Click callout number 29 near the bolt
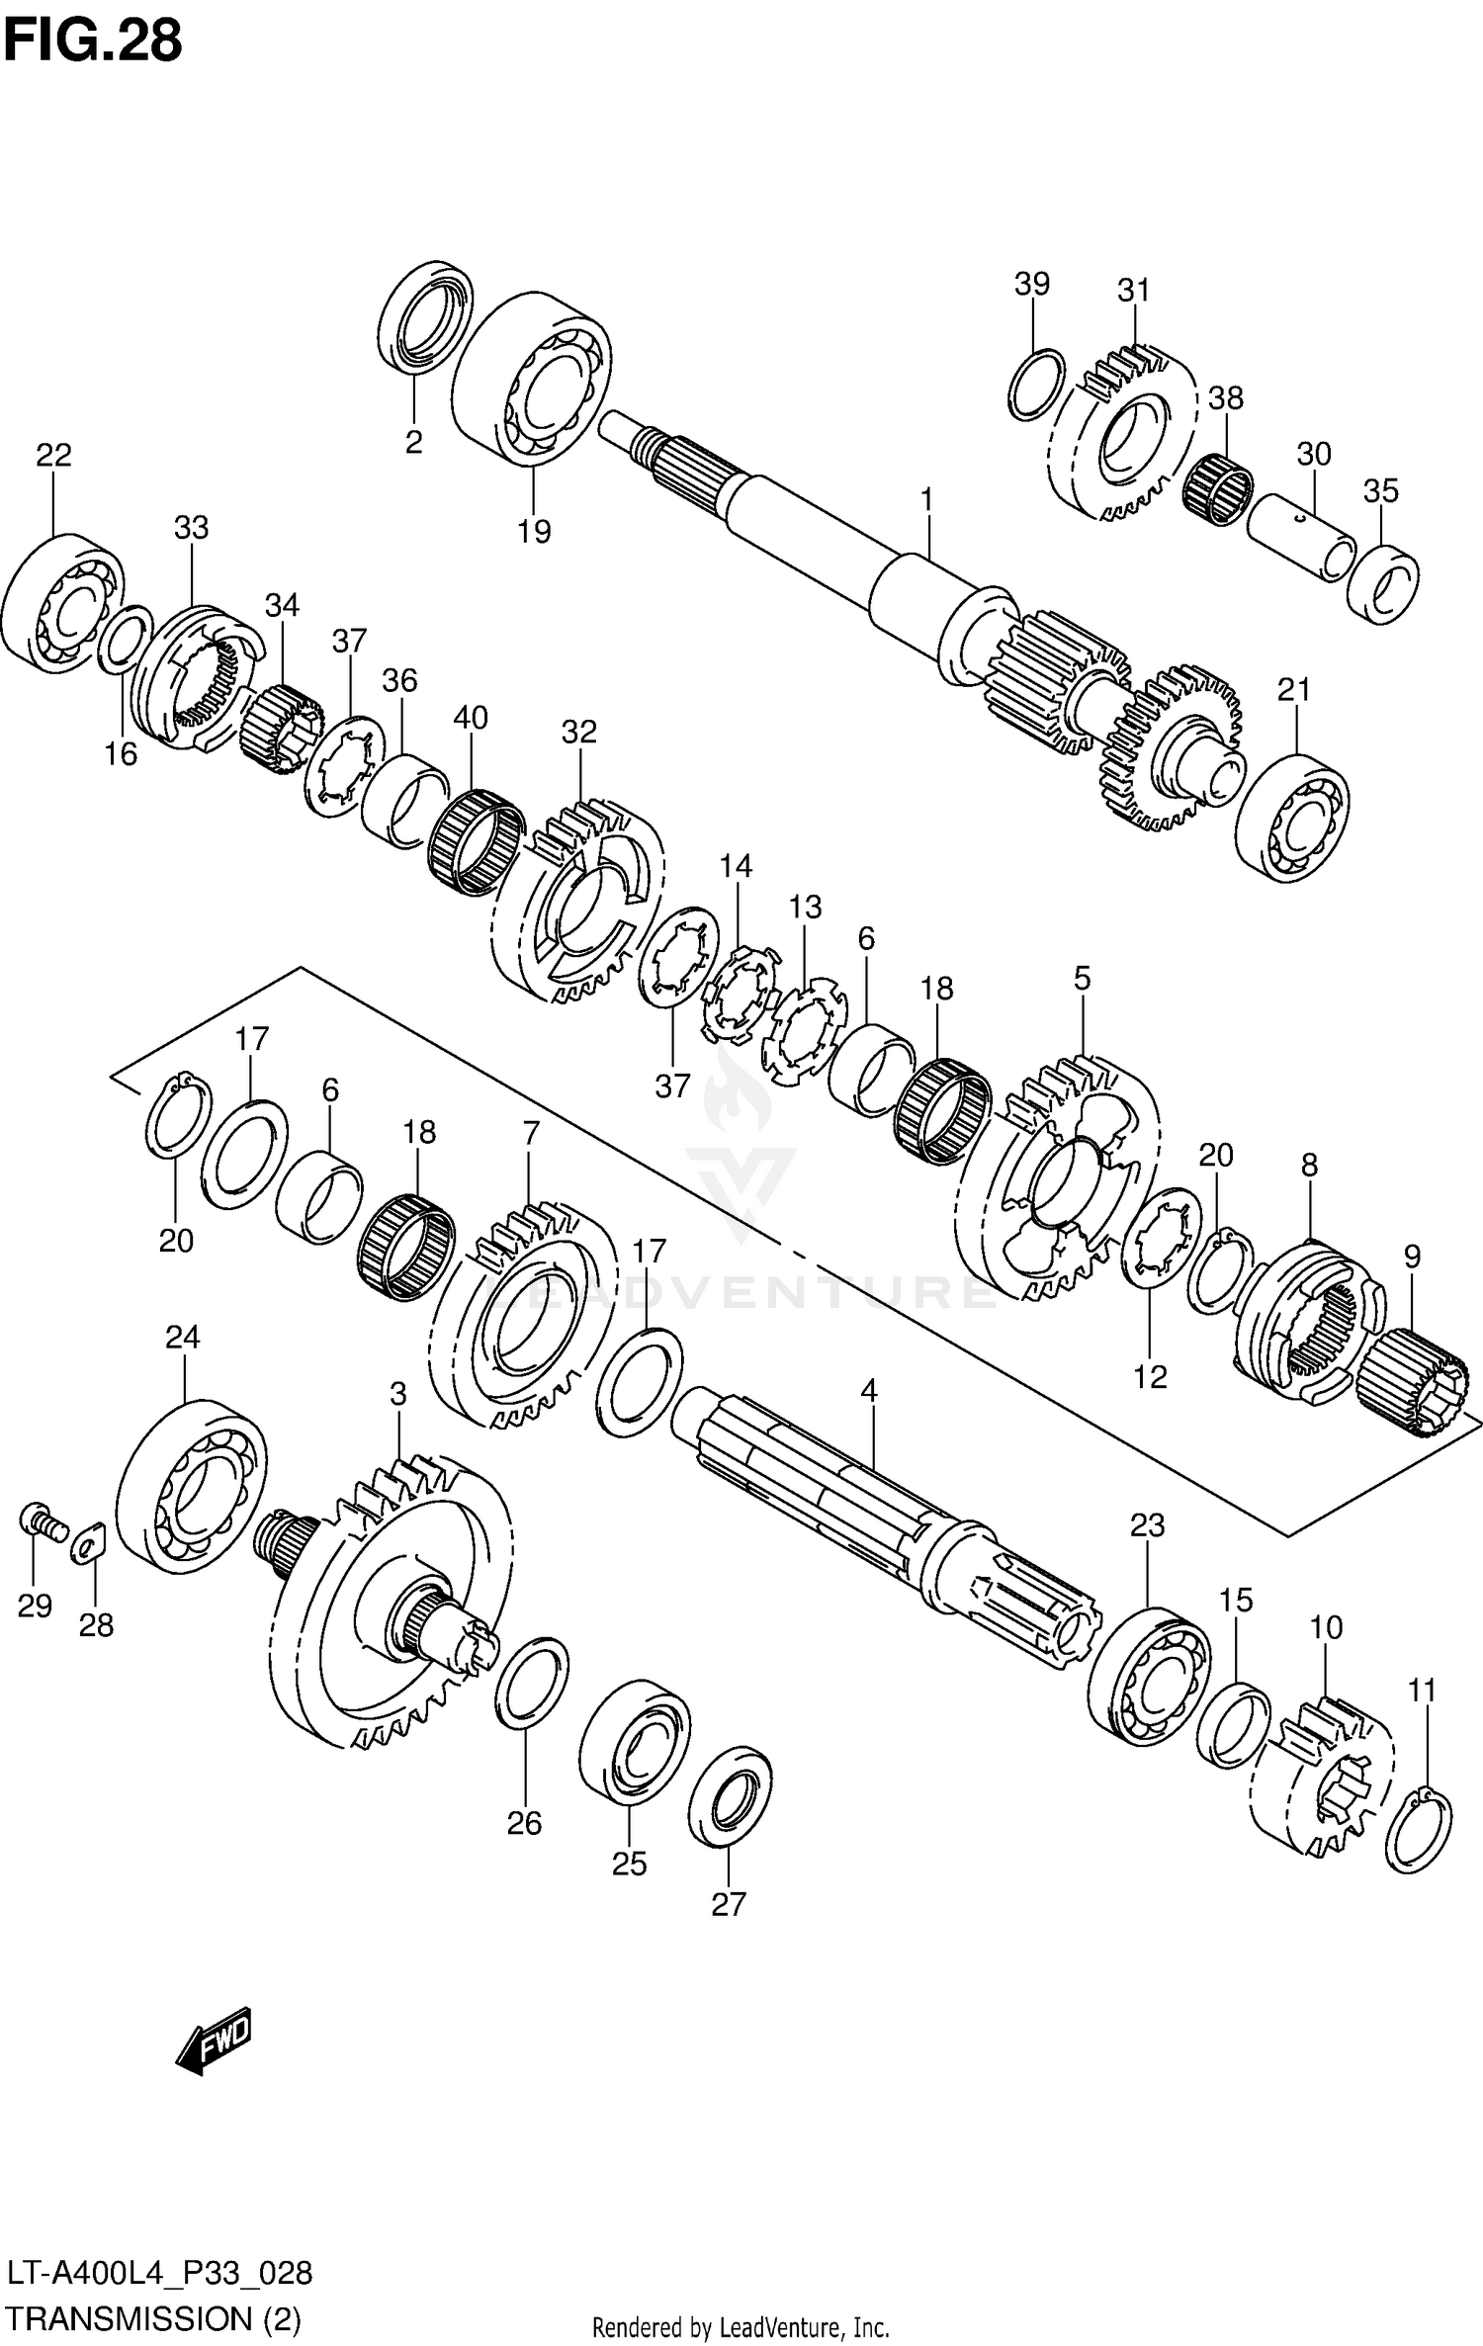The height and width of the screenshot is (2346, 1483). [35, 1607]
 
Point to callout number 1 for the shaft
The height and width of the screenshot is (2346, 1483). [926, 500]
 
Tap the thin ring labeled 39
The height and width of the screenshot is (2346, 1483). [1037, 385]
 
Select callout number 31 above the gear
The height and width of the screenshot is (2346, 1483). [1134, 291]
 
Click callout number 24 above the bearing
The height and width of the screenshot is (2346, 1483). [183, 1338]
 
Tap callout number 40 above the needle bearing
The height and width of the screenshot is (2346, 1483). [471, 717]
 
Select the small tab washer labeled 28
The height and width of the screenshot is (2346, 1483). [89, 1542]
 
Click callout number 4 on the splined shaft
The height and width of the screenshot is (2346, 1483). [868, 1391]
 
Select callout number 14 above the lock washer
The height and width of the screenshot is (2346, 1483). [736, 866]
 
